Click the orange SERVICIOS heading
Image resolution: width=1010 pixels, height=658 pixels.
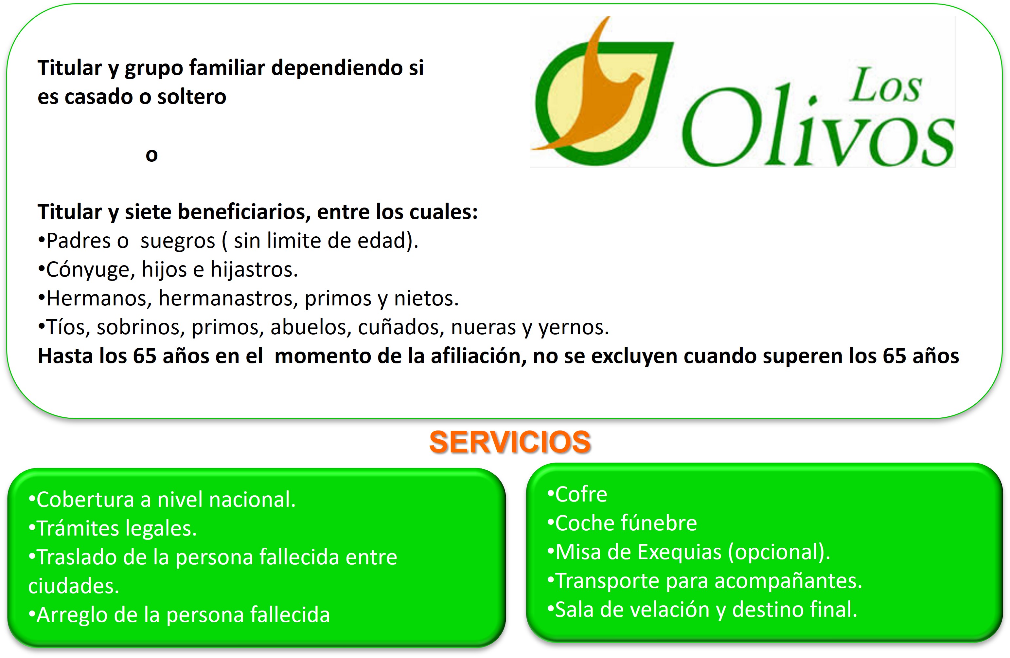510,442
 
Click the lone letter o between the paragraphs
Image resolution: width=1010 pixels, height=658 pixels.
151,155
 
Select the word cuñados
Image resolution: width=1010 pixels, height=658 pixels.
401,327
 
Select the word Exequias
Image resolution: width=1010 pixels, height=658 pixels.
680,552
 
